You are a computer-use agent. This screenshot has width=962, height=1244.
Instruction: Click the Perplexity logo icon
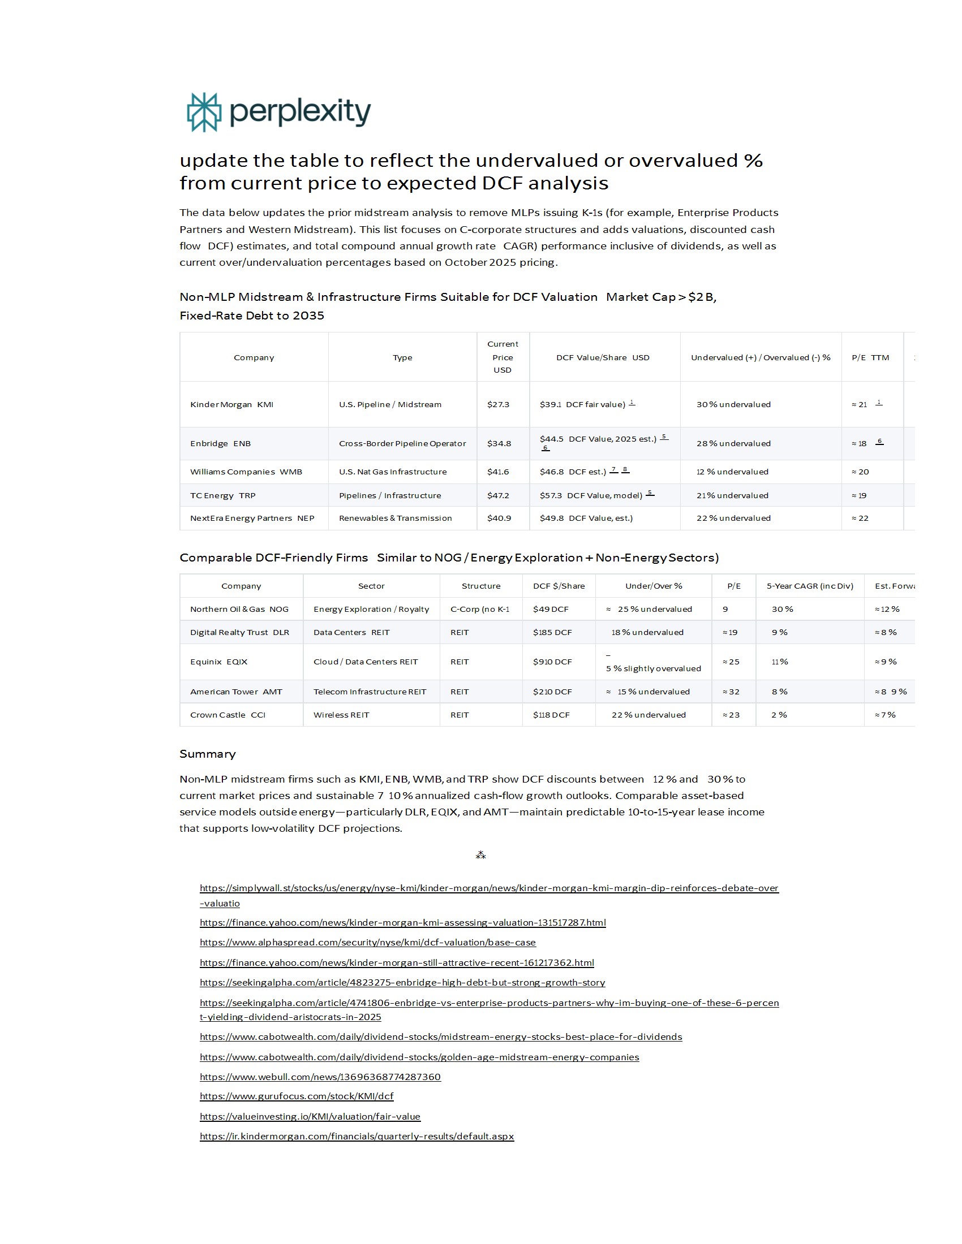tap(204, 112)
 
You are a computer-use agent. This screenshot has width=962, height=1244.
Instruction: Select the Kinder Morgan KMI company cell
tap(232, 404)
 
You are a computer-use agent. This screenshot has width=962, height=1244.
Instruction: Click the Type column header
tap(402, 357)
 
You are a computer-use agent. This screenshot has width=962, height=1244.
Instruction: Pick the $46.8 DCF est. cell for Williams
tap(573, 472)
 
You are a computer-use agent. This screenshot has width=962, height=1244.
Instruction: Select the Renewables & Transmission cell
tap(395, 518)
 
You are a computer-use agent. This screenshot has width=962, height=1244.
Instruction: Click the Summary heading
tap(208, 754)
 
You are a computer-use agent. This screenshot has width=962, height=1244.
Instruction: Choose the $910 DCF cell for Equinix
tap(552, 662)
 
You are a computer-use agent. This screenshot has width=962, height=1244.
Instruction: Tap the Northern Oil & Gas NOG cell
tap(239, 609)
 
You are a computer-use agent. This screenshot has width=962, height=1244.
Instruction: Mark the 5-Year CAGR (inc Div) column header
tap(809, 586)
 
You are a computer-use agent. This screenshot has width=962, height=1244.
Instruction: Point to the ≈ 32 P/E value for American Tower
tap(731, 692)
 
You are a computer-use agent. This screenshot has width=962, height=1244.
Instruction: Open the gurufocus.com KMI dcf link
tap(297, 1096)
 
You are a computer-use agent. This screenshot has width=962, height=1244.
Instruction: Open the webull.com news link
tap(320, 1077)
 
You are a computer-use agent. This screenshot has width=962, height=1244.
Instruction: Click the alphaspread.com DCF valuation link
tap(368, 942)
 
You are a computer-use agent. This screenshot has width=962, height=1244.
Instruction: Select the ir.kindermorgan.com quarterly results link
tap(357, 1136)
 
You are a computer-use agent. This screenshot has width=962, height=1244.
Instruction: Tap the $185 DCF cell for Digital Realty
tap(552, 632)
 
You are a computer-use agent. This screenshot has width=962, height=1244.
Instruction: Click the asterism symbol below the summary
tap(480, 855)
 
